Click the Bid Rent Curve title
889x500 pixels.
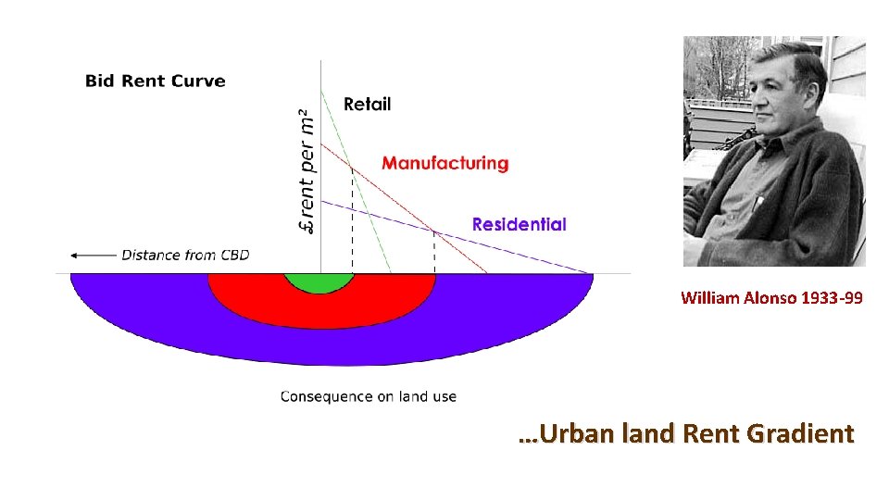[x=155, y=81]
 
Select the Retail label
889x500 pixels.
[x=367, y=104]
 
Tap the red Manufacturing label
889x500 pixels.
[x=444, y=163]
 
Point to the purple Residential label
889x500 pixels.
[x=519, y=224]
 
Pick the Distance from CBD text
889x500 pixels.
[x=185, y=255]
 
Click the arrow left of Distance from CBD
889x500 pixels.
[x=93, y=255]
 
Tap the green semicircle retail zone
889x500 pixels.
[x=319, y=282]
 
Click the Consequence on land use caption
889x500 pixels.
[x=368, y=396]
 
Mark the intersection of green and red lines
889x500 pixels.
[x=351, y=169]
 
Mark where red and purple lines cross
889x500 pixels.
[x=433, y=231]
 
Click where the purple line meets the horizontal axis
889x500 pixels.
[x=591, y=273]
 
